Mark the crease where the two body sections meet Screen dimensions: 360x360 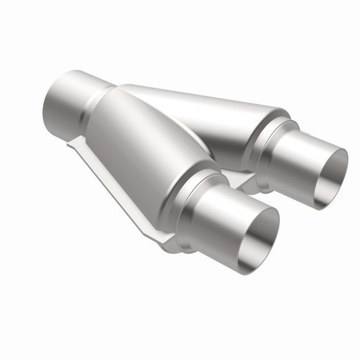click(189, 130)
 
